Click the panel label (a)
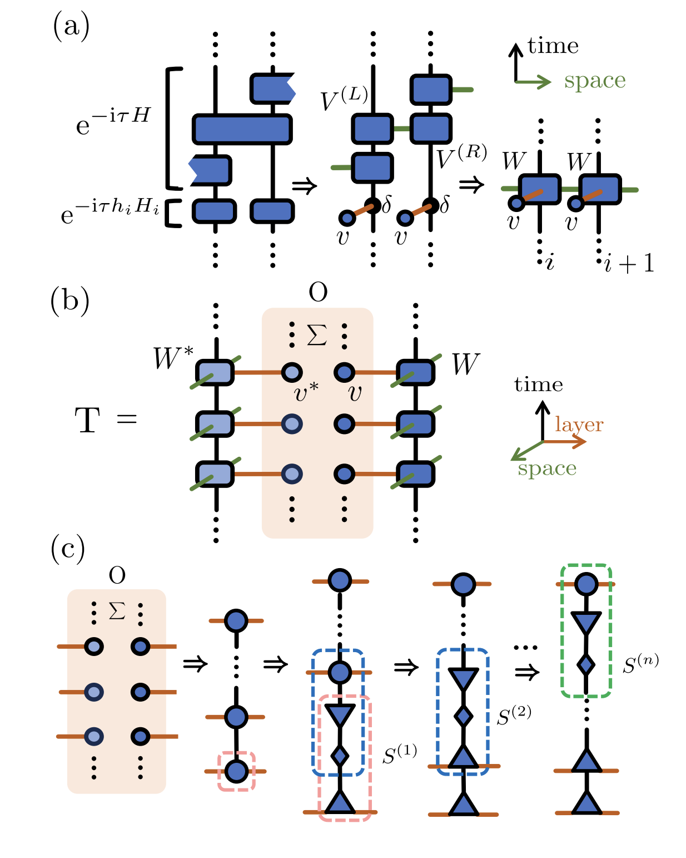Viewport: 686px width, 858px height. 71,26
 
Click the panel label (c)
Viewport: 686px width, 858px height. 68,548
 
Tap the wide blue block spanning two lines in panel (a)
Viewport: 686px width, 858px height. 242,129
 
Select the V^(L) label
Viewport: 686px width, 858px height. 344,99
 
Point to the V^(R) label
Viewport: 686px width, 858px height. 461,156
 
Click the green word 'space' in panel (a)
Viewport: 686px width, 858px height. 594,81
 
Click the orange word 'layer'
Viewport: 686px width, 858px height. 579,425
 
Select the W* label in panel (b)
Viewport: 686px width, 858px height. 173,358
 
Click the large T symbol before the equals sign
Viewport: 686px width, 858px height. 87,420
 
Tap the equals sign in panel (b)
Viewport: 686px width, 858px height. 127,418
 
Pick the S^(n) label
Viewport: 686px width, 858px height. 640,664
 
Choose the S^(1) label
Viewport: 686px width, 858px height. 400,755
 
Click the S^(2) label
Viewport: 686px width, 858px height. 514,716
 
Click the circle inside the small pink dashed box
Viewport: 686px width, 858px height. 237,771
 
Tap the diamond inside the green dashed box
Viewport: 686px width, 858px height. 586,664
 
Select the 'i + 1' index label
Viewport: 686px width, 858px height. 629,263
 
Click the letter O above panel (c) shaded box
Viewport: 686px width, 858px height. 117,575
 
